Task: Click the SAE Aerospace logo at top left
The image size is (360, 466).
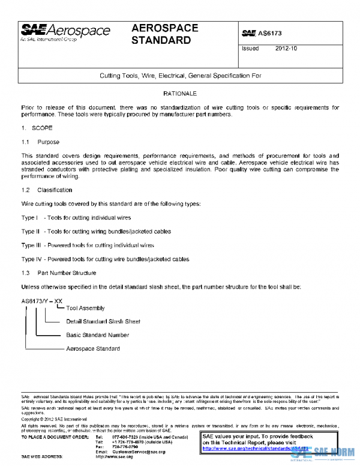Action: (65, 32)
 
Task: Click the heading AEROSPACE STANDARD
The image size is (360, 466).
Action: (164, 35)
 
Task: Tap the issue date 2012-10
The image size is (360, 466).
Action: (286, 48)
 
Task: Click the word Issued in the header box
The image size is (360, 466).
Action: (250, 48)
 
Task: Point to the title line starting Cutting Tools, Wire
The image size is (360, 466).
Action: (181, 76)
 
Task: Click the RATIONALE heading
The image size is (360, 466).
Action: (180, 94)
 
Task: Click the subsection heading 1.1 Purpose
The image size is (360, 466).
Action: (40, 142)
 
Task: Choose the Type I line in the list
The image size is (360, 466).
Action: (76, 217)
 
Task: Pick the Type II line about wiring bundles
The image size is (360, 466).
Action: (96, 231)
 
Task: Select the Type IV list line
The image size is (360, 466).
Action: (105, 259)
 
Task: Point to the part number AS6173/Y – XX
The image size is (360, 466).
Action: (42, 300)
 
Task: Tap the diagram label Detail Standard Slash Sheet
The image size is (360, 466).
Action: (103, 321)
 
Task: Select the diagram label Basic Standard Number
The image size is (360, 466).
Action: (97, 335)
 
